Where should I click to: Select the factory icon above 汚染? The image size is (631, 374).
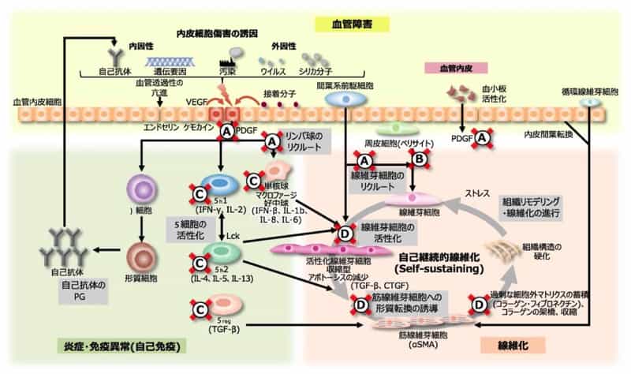pyautogui.click(x=230, y=55)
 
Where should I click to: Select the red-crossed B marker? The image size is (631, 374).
pyautogui.click(x=420, y=159)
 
